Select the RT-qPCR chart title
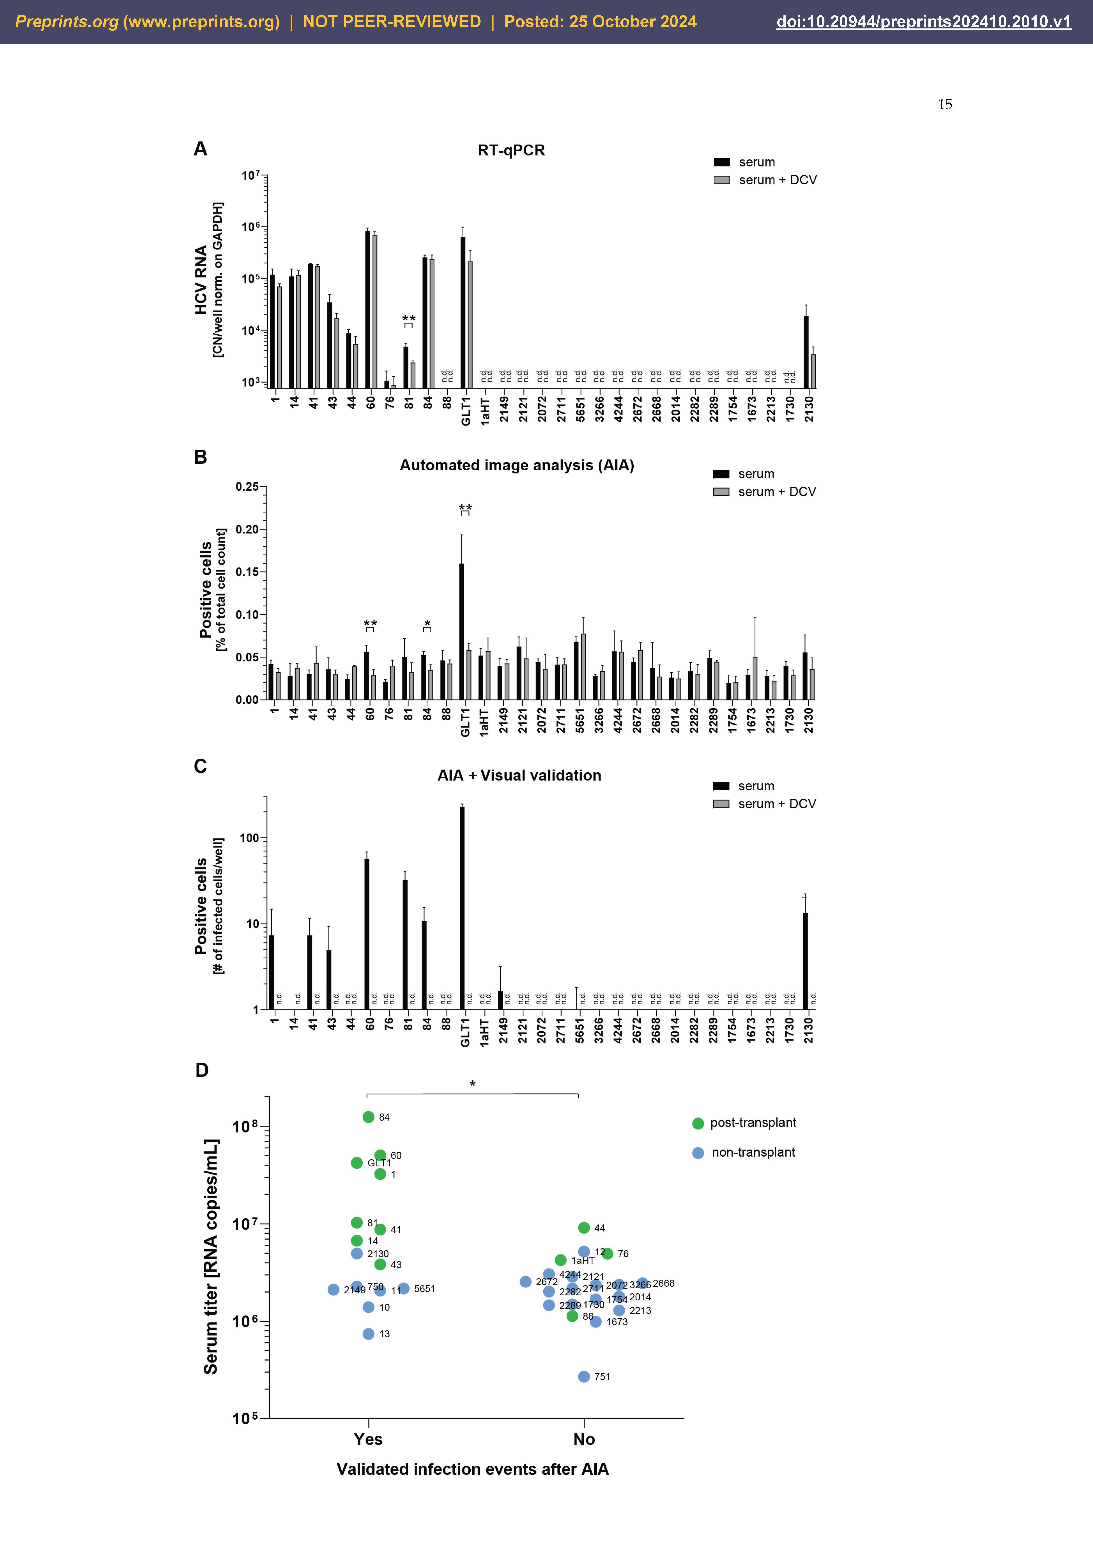pos(511,150)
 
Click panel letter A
pos(200,149)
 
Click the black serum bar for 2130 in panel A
pos(806,352)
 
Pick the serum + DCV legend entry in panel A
pos(764,180)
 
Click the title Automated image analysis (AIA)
pos(516,466)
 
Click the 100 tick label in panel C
pos(249,838)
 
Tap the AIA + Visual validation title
pos(519,775)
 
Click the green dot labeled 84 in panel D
pos(368,1117)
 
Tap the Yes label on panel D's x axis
pos(368,1439)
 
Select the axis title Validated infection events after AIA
pos(473,1470)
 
